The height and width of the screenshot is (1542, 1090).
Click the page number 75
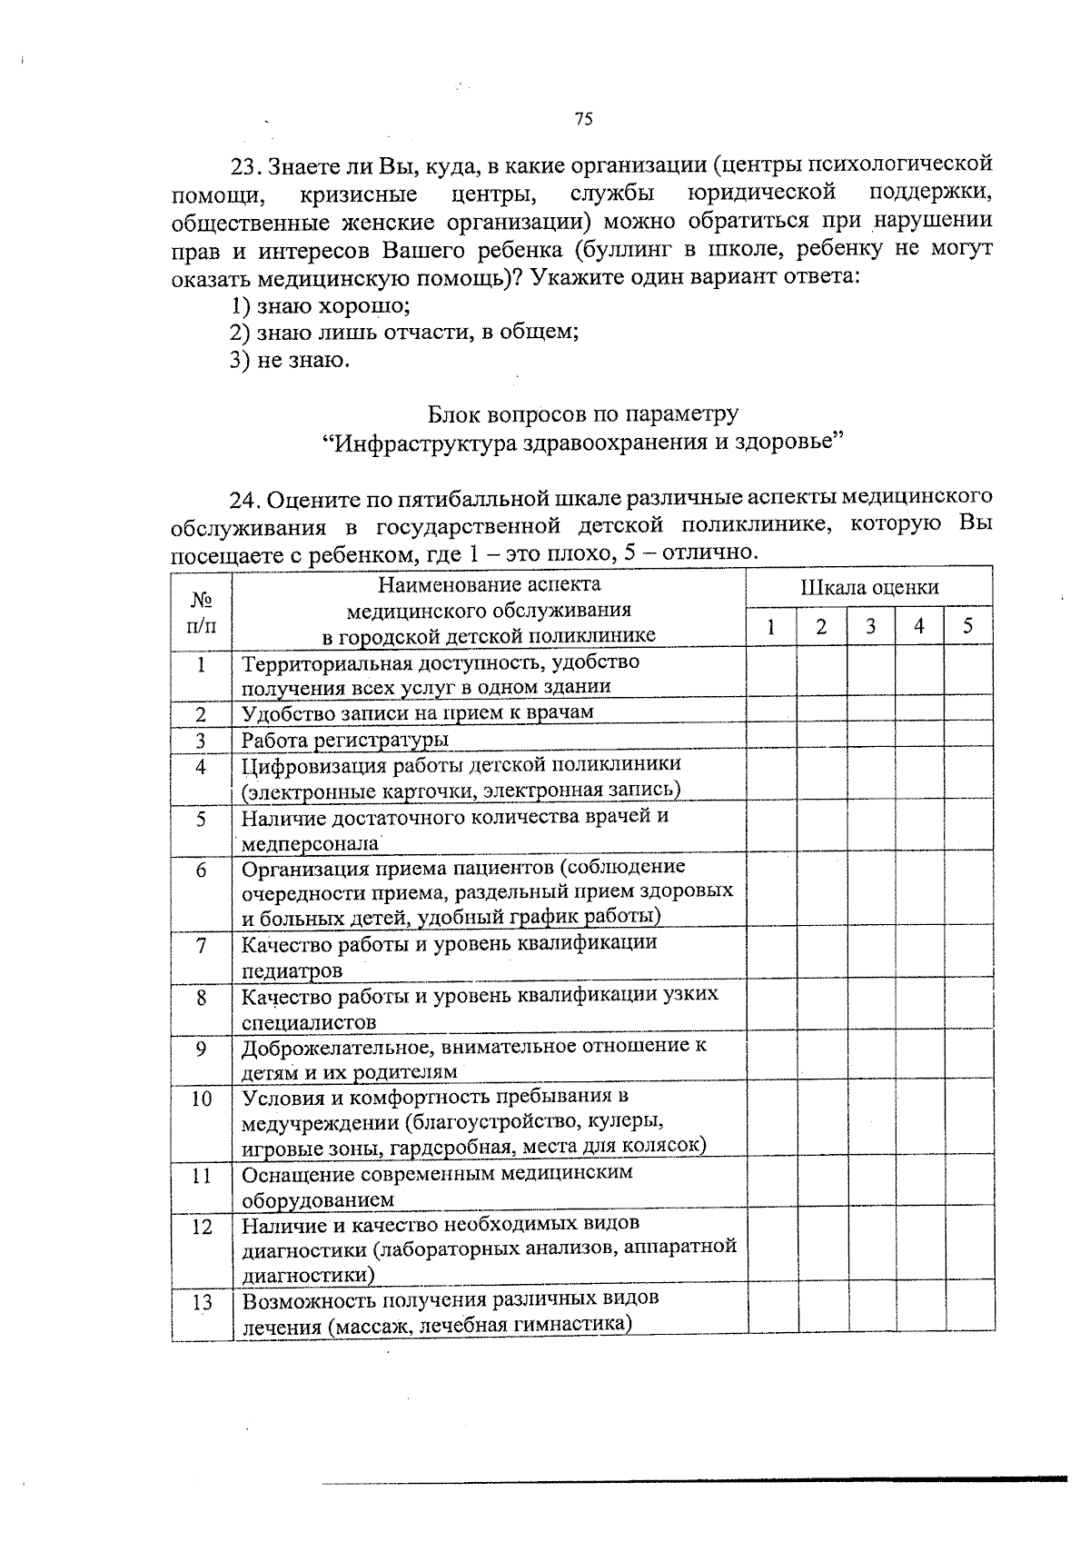[x=583, y=119]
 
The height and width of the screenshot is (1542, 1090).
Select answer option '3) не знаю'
[x=290, y=361]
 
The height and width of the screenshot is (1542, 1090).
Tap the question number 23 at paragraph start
[x=244, y=166]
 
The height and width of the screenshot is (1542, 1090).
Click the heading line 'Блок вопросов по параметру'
[x=583, y=414]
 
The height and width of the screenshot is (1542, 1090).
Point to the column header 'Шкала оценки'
[x=869, y=588]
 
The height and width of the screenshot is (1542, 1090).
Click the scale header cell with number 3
[x=870, y=627]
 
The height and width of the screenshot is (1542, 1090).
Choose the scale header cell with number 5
[x=968, y=627]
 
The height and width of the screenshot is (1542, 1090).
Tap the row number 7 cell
[x=202, y=946]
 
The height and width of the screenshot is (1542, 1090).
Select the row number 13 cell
[x=202, y=1302]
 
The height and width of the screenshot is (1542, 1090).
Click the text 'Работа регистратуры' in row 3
[x=344, y=740]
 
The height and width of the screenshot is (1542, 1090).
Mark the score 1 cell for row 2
[x=772, y=712]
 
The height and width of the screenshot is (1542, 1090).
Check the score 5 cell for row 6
[x=968, y=892]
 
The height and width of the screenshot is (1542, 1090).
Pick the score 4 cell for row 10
[x=919, y=1121]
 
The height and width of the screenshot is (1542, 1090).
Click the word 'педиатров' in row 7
[x=292, y=970]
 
